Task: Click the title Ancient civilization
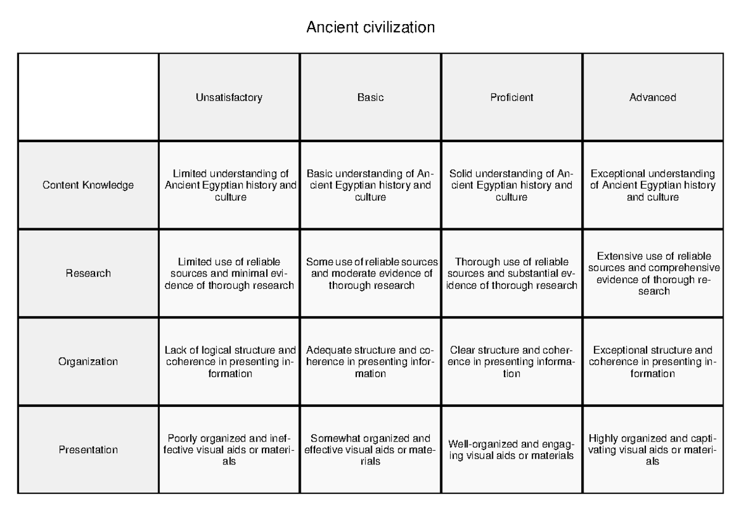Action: pyautogui.click(x=371, y=28)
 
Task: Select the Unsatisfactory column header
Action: pyautogui.click(x=229, y=97)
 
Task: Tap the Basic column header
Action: pyautogui.click(x=371, y=97)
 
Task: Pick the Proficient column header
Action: pyautogui.click(x=512, y=97)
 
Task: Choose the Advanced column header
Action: pyautogui.click(x=653, y=97)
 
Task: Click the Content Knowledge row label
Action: pyautogui.click(x=88, y=185)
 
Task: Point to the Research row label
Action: pyautogui.click(x=88, y=273)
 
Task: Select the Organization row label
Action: pyautogui.click(x=88, y=362)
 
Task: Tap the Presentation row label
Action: pyautogui.click(x=88, y=450)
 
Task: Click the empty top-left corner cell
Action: pyautogui.click(x=88, y=97)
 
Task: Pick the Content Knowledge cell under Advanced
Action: pyautogui.click(x=653, y=185)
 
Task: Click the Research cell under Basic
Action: pyautogui.click(x=371, y=273)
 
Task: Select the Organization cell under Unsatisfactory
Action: pyautogui.click(x=229, y=362)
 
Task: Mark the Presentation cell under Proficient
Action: pyautogui.click(x=512, y=450)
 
